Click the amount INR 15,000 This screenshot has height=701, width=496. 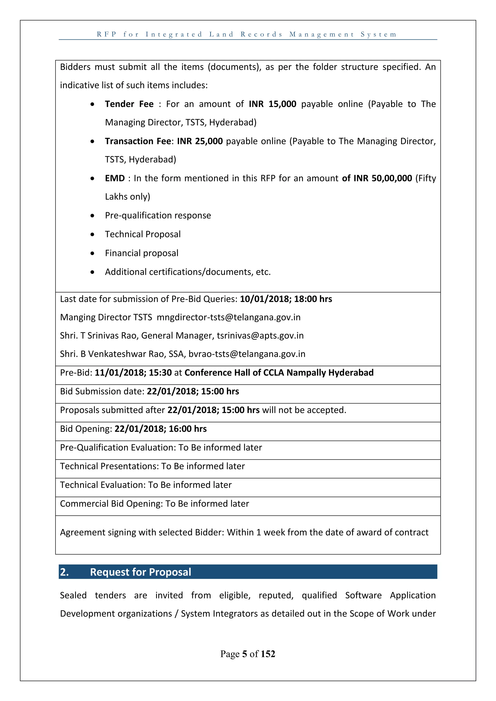coord(272,104)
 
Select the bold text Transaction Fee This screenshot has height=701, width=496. coord(138,141)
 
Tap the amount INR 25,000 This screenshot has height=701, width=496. coord(200,141)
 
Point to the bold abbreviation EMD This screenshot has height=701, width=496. coord(115,178)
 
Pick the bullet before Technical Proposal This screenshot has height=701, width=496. coord(92,234)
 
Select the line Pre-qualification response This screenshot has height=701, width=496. coord(158,216)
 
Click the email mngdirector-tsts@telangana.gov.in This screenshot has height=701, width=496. coord(228,317)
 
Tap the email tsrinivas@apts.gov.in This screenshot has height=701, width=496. coord(260,336)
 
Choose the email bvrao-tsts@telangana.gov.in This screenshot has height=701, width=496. coord(247,354)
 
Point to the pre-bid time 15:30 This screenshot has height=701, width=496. coord(160,373)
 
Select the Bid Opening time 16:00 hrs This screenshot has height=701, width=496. coord(187,429)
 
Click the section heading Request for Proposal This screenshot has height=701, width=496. coord(140,572)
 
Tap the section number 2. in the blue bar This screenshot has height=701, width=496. coord(64,572)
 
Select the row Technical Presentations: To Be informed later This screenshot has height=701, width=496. coord(152,466)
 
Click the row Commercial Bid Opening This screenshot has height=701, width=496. coord(155,504)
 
